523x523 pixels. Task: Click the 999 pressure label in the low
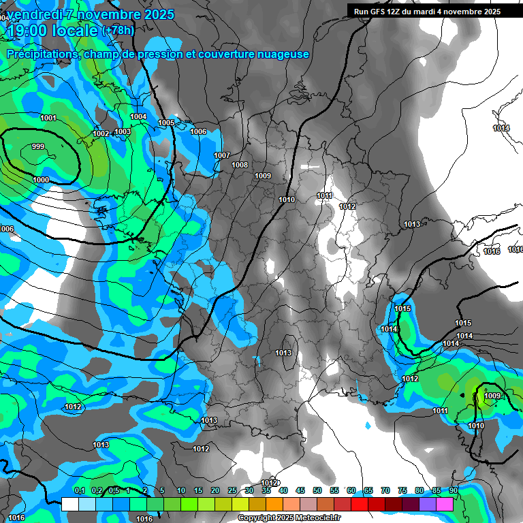click(x=38, y=147)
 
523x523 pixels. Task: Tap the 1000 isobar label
click(x=41, y=180)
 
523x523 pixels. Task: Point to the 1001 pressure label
click(x=48, y=118)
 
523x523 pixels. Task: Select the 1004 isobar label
click(x=138, y=117)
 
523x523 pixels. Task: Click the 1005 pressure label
click(x=166, y=123)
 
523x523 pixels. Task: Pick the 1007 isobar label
click(x=222, y=156)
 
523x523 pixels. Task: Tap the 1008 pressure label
click(x=240, y=165)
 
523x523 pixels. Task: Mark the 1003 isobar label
click(x=123, y=132)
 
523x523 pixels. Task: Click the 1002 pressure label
click(x=101, y=134)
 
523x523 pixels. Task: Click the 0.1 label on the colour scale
click(x=79, y=491)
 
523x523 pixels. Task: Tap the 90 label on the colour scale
click(x=453, y=491)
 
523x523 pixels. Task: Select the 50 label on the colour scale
click(x=317, y=491)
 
